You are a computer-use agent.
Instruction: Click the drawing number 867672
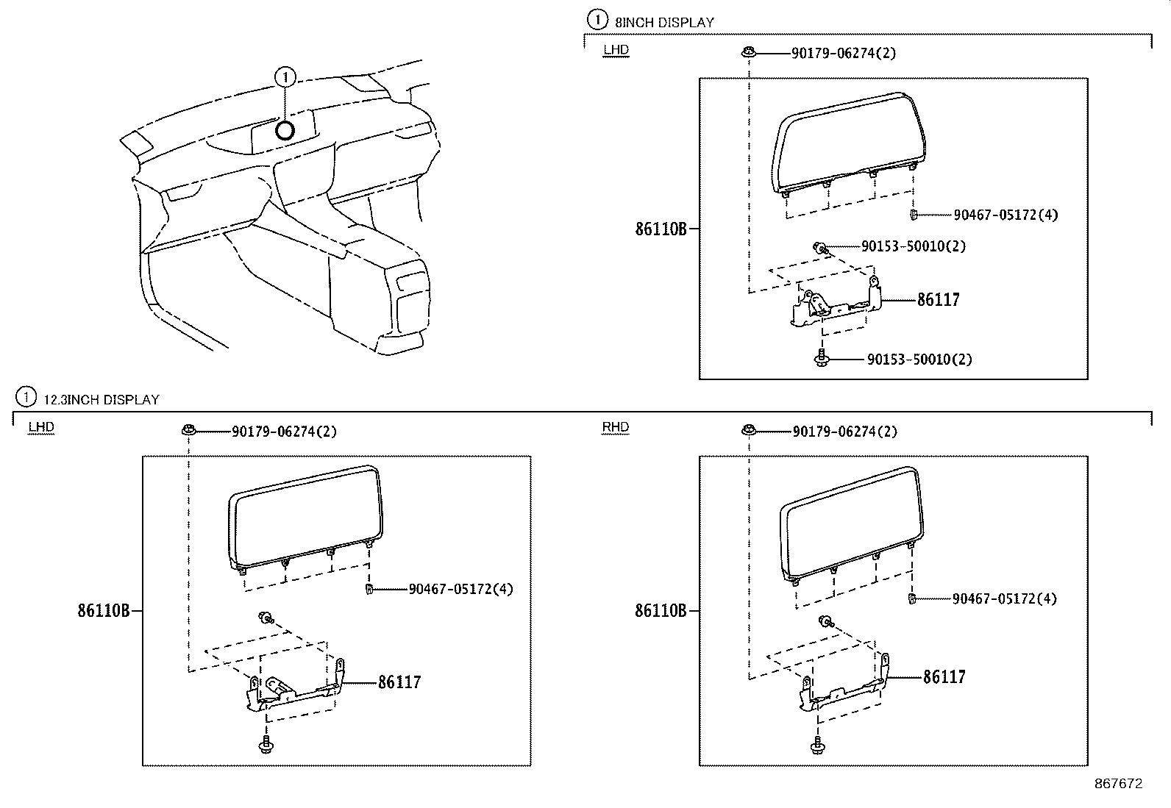(x=1118, y=784)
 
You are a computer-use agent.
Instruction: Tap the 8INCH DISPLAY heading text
(x=664, y=22)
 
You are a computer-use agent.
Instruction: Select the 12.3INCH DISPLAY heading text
(x=102, y=400)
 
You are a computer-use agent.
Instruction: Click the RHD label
(x=615, y=427)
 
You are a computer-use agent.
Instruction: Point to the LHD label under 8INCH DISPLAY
(x=616, y=50)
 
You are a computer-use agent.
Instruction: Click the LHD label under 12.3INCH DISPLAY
(x=41, y=427)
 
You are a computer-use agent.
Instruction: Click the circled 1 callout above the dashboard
(x=285, y=76)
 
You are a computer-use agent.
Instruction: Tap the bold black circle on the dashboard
(x=285, y=130)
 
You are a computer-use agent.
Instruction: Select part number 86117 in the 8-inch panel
(x=938, y=300)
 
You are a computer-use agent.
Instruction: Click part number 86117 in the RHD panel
(x=944, y=677)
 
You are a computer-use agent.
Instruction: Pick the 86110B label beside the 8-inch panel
(x=661, y=229)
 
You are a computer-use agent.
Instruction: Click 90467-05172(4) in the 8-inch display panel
(x=1006, y=215)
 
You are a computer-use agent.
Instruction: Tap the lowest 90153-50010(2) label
(x=919, y=360)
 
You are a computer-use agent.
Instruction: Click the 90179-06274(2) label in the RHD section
(x=844, y=432)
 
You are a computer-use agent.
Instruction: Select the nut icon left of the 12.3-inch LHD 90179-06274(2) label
(x=188, y=429)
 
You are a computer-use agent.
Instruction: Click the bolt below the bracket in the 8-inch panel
(x=821, y=358)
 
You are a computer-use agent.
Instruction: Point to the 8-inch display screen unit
(x=846, y=143)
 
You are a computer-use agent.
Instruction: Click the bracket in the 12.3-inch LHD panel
(x=294, y=691)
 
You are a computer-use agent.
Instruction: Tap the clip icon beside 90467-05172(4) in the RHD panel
(x=912, y=598)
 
